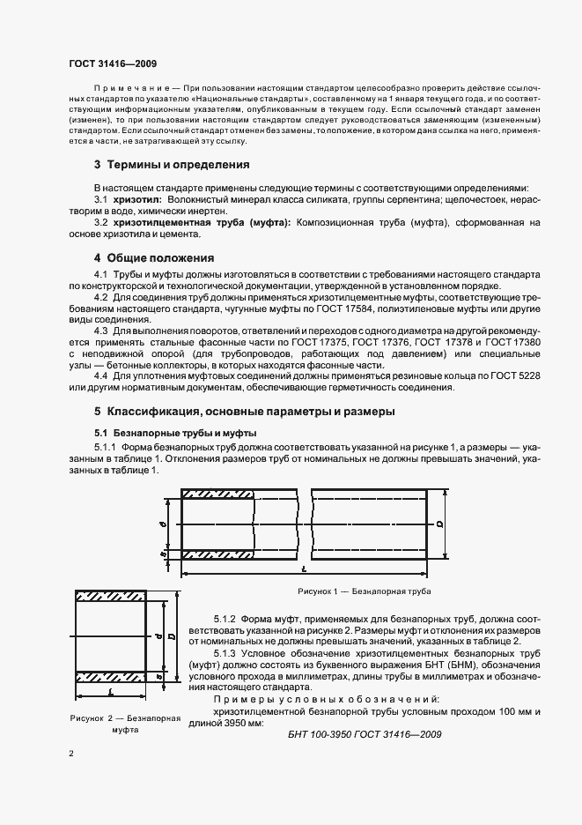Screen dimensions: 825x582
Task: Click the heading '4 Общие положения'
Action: point(155,258)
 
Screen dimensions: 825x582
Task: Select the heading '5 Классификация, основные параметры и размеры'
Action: point(245,412)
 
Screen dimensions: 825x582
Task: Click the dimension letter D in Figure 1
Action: point(438,524)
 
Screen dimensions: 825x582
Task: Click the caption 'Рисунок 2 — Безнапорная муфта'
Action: point(126,725)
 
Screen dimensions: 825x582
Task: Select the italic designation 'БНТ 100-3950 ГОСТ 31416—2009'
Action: point(365,733)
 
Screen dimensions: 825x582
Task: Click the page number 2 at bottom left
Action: point(71,754)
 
